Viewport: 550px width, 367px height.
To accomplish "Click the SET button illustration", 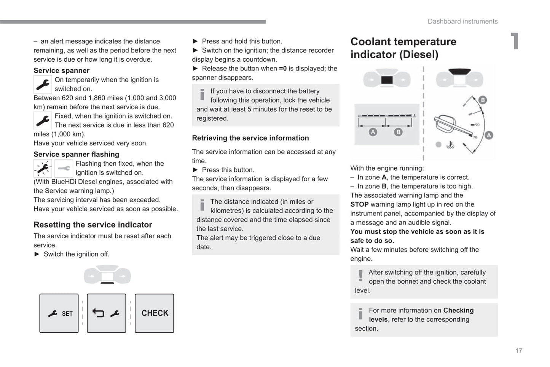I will tap(59, 313).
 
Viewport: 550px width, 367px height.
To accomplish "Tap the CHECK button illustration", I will tap(155, 313).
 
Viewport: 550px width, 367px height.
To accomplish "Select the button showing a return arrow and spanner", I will tap(107, 313).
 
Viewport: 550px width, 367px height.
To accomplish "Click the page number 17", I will tap(518, 351).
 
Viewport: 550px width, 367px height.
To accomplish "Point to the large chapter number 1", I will tap(515, 41).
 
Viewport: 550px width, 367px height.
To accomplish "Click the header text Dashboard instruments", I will tap(462, 21).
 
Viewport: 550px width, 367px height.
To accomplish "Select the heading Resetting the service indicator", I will tap(93, 225).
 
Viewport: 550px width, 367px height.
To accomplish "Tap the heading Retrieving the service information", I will tap(250, 138).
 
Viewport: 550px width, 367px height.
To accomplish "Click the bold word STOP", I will tap(359, 204).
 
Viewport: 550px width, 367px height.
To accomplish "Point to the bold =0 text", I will tap(283, 69).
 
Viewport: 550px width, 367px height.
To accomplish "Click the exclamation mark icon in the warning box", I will tap(360, 275).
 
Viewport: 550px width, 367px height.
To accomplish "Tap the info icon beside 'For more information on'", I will tap(360, 313).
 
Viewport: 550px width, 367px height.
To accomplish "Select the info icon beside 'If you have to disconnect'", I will tap(202, 94).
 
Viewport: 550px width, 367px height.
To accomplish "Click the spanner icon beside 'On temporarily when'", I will tap(43, 85).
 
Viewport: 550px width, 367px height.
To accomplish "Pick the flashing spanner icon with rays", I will tap(43, 168).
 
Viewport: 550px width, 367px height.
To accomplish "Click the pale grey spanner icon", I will tap(64, 168).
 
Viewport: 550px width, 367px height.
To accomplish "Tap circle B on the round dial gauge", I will tap(482, 100).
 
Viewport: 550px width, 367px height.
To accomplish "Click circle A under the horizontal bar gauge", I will tap(373, 132).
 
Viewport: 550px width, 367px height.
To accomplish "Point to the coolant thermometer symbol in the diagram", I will tap(450, 145).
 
